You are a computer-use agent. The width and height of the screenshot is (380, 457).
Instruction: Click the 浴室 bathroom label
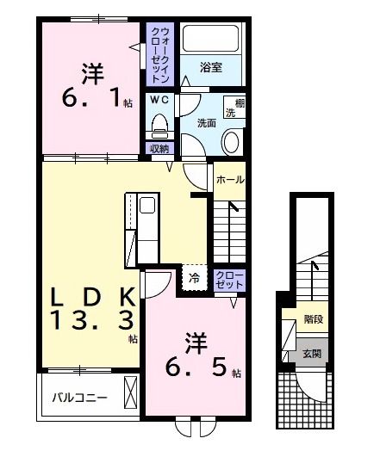click(211, 67)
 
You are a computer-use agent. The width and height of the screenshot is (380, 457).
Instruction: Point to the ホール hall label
click(229, 180)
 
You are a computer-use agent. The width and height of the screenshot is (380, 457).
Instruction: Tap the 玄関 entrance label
click(311, 354)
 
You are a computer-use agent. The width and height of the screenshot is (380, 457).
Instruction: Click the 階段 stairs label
click(314, 319)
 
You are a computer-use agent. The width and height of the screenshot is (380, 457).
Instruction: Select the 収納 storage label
click(159, 149)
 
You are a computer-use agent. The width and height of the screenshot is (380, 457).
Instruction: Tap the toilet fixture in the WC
click(159, 126)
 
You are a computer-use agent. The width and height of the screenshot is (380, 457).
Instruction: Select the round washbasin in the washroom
click(233, 141)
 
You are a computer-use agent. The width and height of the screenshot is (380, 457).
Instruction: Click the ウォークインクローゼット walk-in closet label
click(159, 54)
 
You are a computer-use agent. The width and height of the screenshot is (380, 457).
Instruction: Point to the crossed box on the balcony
click(132, 392)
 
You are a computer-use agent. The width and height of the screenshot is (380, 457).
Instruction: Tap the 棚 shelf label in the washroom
click(230, 102)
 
